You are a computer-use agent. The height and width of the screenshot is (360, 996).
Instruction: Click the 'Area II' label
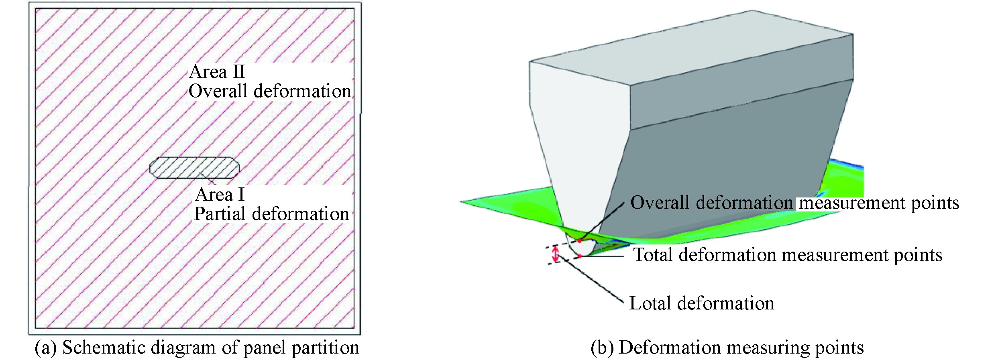(x=217, y=72)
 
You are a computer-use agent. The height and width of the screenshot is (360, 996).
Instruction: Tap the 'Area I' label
(x=220, y=195)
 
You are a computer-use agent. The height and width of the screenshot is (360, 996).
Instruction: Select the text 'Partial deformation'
(x=271, y=214)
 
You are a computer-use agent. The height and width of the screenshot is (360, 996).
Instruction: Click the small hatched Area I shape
(x=195, y=168)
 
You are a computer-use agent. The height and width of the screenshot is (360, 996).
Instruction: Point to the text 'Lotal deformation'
(x=701, y=303)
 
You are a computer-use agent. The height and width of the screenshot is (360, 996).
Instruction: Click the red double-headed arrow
(x=556, y=254)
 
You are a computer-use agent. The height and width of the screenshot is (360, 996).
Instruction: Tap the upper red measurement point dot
(x=580, y=241)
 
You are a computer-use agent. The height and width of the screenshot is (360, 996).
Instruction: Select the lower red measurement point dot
(x=580, y=256)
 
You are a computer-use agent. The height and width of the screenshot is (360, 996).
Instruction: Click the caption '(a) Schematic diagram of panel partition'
(x=197, y=348)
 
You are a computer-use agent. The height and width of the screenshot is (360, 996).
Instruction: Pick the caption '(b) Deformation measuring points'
(x=727, y=348)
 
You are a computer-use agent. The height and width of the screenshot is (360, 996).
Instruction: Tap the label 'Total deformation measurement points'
(x=788, y=255)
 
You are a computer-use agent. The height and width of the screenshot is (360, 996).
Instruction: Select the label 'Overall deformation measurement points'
(x=794, y=203)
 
